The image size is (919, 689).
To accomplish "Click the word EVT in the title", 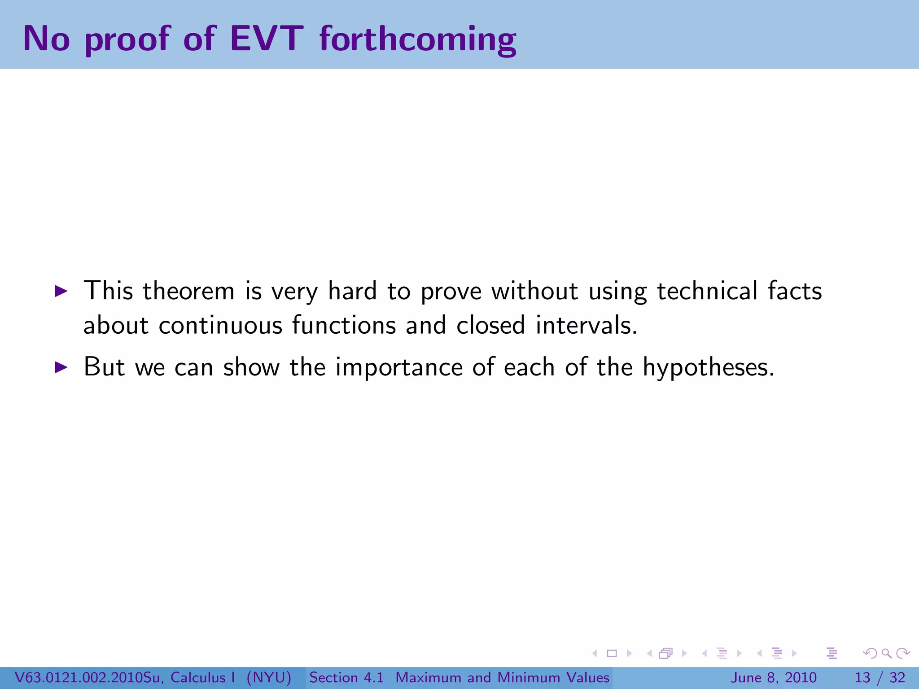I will point(267,39).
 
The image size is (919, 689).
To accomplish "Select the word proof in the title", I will point(127,40).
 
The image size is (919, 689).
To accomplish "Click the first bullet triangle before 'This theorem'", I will point(61,292).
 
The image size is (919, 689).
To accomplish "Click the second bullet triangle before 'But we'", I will point(61,367).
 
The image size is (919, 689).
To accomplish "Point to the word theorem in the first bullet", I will point(188,291).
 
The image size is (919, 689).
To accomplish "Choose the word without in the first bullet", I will point(534,291).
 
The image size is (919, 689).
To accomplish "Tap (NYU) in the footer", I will point(269,677).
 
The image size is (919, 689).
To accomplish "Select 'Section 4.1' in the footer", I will point(346,677).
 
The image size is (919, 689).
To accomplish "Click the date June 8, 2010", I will point(774,677).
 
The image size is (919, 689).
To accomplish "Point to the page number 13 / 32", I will point(880,677).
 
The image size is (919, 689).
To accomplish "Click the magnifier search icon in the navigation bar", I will point(886,654).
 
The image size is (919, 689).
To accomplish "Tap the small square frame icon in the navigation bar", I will point(612,654).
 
